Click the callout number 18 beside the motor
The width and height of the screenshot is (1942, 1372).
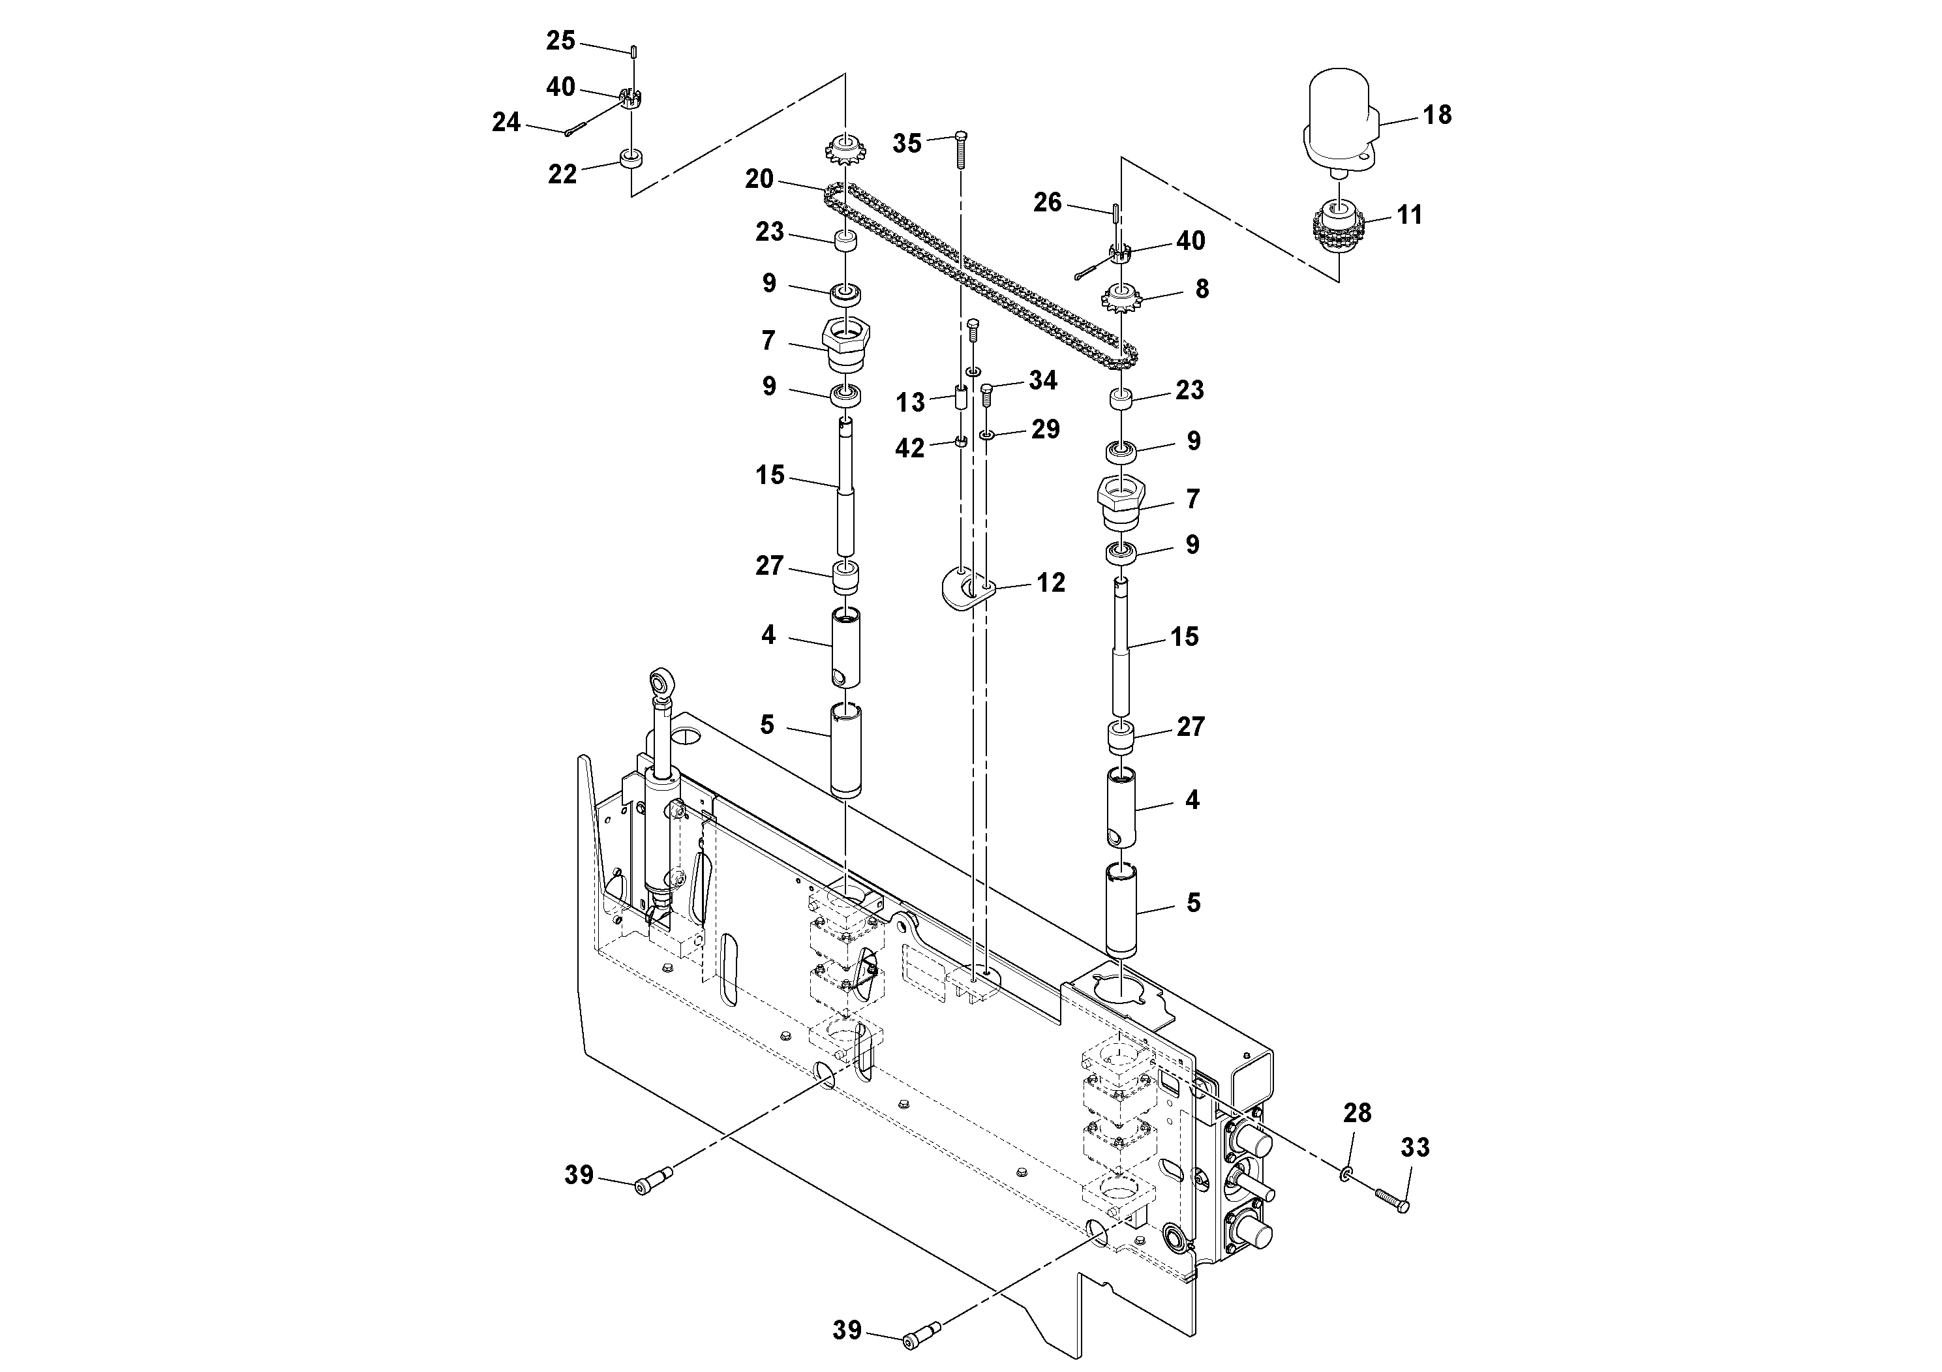tap(1436, 115)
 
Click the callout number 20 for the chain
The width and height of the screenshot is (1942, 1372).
tap(759, 179)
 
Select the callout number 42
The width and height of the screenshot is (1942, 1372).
tap(909, 448)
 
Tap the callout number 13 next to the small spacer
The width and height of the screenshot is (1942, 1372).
tap(910, 403)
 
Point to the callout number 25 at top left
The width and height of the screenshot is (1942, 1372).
tap(560, 40)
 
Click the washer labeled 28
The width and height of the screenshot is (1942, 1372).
tap(1345, 1174)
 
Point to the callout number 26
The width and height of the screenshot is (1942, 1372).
tap(1047, 202)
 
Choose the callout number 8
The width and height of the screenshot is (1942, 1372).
tap(1201, 289)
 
